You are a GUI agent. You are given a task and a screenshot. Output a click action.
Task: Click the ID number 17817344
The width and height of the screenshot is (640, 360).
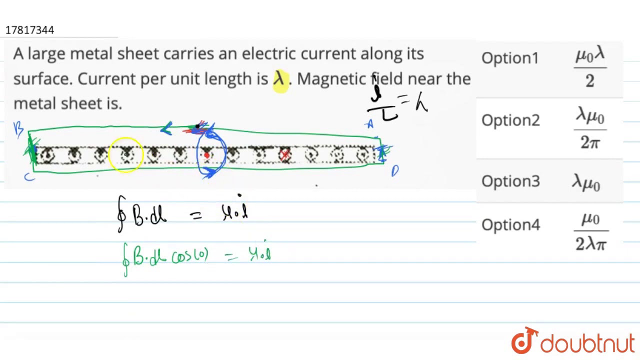tap(29, 30)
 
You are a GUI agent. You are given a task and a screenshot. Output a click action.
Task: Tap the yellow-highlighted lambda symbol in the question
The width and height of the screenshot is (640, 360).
tap(279, 78)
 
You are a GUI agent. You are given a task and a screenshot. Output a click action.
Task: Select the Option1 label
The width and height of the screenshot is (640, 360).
tap(510, 58)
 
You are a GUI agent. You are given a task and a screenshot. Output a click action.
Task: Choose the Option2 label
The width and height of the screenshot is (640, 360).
tap(510, 120)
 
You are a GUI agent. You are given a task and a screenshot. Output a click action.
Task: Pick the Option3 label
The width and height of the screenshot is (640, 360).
tap(510, 181)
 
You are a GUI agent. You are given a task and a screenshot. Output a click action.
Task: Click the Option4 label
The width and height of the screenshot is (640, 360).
tap(510, 225)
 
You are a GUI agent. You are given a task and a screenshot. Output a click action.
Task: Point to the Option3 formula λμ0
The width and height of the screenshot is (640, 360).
tap(586, 182)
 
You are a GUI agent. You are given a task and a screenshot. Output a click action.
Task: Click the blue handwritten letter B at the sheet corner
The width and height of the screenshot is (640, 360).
tap(18, 129)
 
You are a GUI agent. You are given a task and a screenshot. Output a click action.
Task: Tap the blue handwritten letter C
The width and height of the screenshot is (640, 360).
tap(29, 175)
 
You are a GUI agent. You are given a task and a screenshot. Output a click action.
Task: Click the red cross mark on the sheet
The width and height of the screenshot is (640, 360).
tap(285, 154)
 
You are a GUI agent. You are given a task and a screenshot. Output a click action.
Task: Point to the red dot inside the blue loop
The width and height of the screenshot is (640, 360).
tap(206, 155)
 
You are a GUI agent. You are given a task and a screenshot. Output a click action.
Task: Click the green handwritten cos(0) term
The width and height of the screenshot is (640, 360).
tap(190, 255)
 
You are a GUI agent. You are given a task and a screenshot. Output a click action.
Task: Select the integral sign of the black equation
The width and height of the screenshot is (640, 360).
tap(120, 213)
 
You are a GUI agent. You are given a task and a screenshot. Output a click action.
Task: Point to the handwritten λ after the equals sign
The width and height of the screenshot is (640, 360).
tap(421, 103)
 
